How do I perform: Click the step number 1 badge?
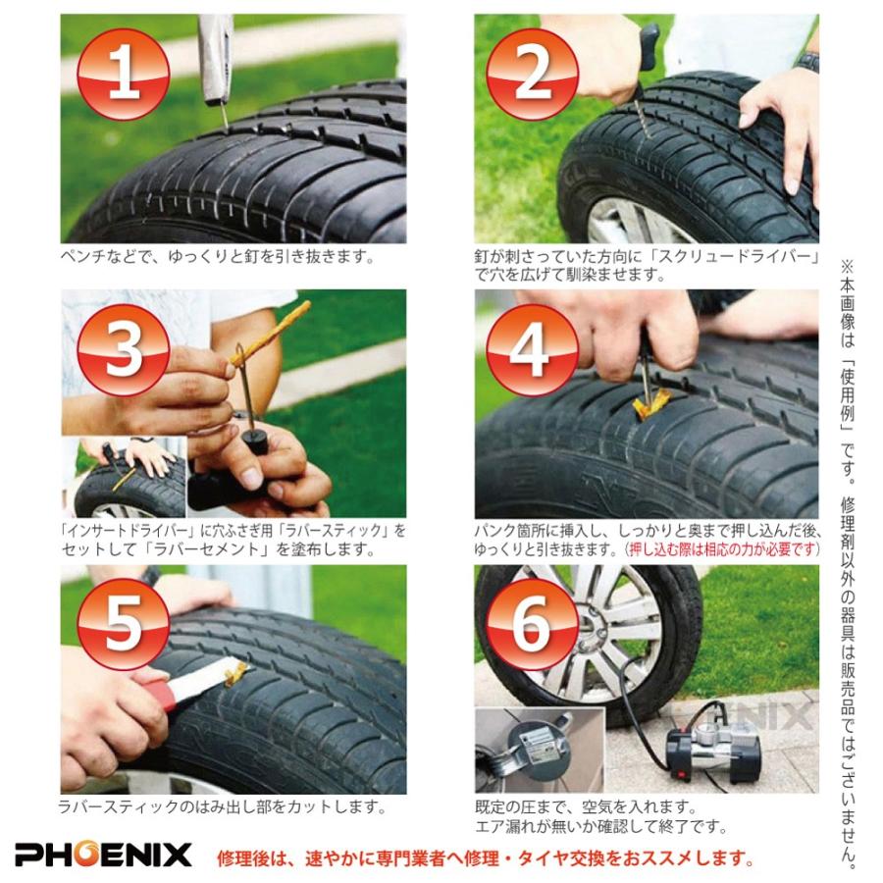[123, 74]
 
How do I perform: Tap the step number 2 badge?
[532, 74]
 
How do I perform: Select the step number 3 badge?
[123, 349]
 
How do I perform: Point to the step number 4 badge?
[532, 349]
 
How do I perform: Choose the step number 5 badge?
[123, 624]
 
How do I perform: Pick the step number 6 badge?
[532, 624]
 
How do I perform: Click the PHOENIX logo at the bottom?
[103, 854]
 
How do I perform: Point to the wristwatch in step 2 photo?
[808, 61]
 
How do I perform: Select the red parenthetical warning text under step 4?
[722, 549]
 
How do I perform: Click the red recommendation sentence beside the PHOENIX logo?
[486, 857]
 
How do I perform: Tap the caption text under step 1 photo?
[218, 256]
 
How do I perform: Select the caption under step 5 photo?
[223, 807]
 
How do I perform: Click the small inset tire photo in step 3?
[124, 477]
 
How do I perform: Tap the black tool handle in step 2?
[649, 47]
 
